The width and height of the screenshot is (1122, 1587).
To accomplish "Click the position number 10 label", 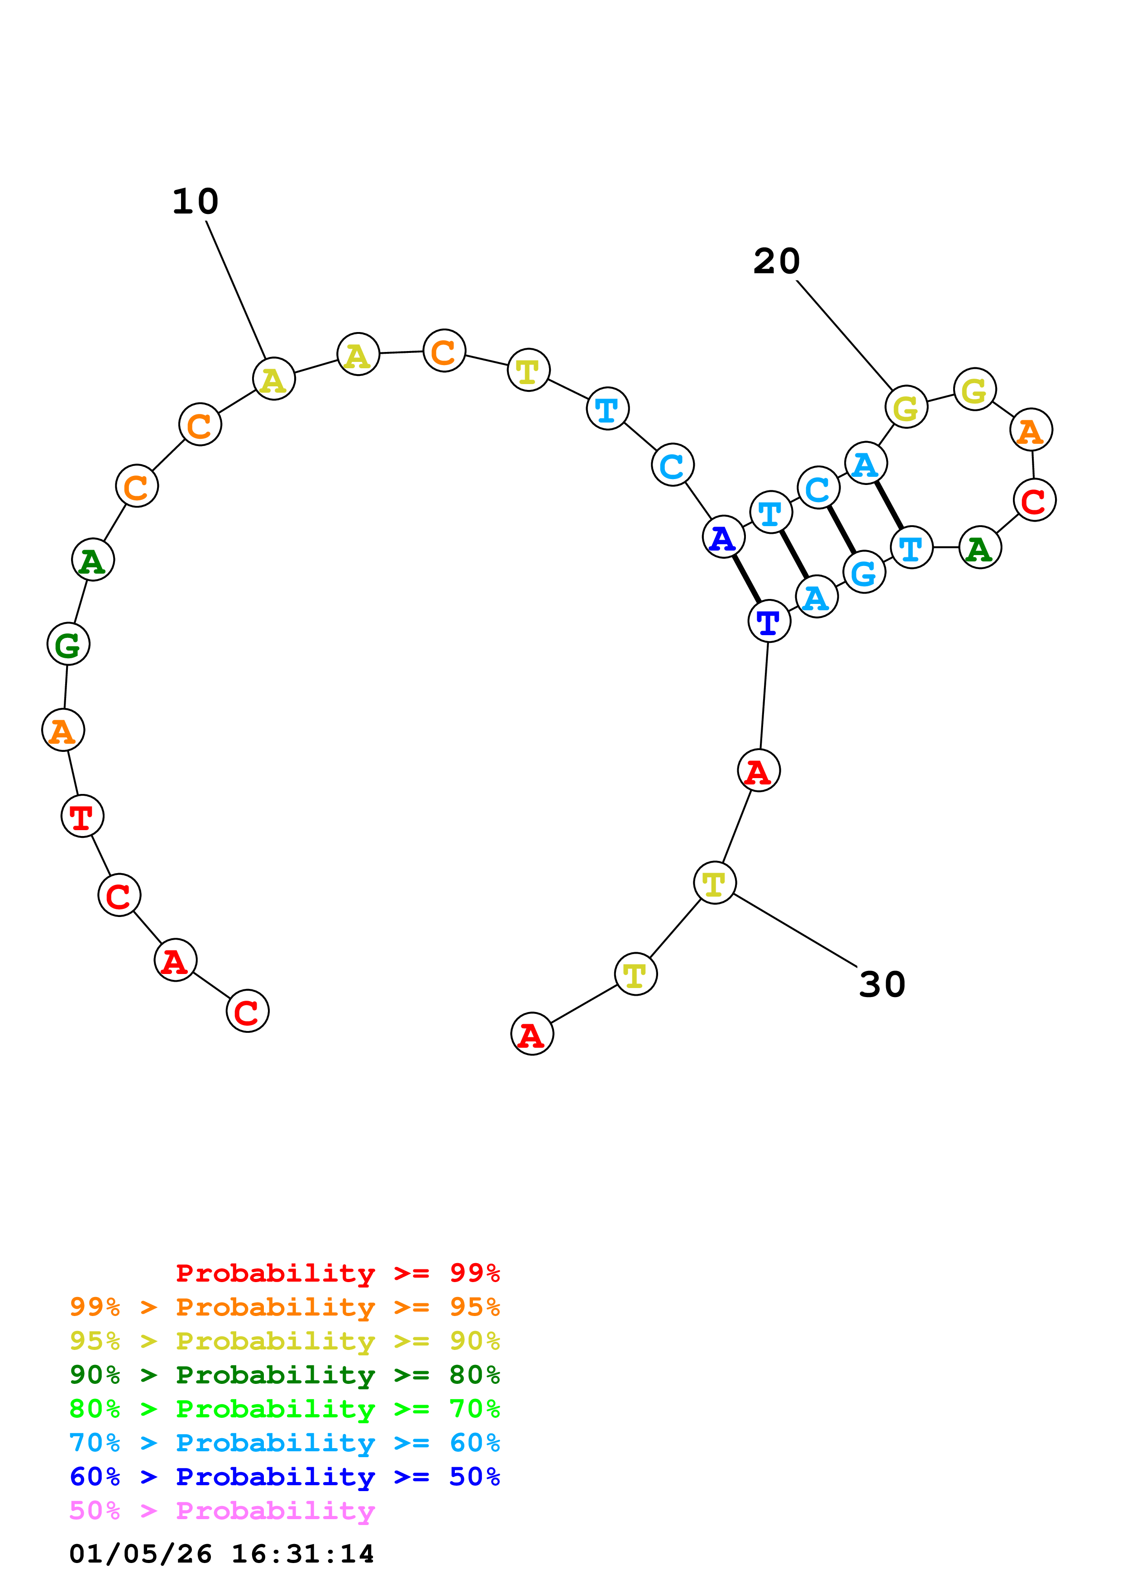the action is tap(196, 201).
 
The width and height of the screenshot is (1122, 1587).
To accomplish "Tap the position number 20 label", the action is tap(776, 261).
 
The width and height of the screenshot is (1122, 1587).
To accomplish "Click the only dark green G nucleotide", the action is tap(68, 644).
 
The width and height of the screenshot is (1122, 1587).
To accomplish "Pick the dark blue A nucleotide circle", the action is tap(723, 537).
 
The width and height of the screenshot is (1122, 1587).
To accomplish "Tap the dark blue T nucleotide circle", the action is tap(769, 622).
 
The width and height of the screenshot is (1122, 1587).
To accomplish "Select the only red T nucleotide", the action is tap(82, 816).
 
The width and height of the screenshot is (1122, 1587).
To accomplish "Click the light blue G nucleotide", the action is tap(864, 572).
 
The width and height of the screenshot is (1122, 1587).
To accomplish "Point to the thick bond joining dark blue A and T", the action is tap(746, 579).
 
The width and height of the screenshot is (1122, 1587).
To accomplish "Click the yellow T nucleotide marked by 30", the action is tap(714, 883).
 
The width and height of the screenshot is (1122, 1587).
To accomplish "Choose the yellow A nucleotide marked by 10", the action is tap(274, 379).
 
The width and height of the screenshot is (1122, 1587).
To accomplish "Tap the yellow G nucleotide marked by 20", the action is tap(906, 407).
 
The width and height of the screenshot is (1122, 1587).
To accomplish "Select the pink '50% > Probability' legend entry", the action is tap(222, 1511).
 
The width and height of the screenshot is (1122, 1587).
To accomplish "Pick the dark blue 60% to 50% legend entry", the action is tap(284, 1477).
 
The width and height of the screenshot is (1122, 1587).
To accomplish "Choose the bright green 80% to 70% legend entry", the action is tap(284, 1409).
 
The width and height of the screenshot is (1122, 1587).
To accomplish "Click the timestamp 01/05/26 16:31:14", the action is tap(221, 1554).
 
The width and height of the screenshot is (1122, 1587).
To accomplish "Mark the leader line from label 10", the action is tap(236, 290).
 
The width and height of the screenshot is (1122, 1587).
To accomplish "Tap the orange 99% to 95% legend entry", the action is tap(284, 1307).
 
